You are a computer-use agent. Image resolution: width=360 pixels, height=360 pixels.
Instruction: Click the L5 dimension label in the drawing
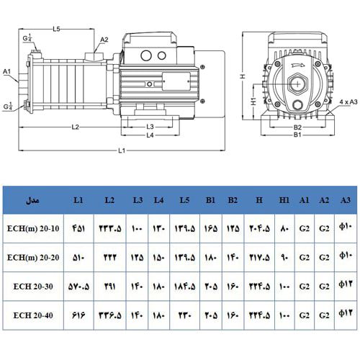(57, 28)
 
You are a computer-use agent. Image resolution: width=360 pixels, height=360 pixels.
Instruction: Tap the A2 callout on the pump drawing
(104, 40)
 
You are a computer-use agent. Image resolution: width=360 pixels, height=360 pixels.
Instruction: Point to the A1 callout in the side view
(6, 71)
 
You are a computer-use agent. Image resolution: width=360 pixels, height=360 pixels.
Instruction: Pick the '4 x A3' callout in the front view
(348, 103)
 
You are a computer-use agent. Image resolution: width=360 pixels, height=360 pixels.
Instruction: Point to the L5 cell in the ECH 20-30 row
(184, 285)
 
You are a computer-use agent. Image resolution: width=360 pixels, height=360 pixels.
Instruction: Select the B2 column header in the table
(233, 199)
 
